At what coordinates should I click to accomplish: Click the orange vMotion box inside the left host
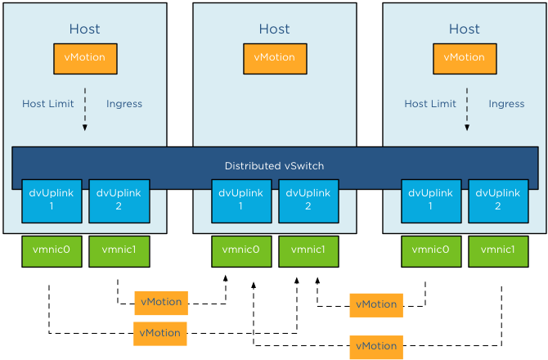coord(85,58)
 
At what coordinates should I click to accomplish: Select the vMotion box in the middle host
coord(275,58)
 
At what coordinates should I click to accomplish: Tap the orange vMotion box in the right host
coord(465,58)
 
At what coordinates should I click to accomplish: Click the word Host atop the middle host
coord(275,29)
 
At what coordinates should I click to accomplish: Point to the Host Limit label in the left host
coord(47,104)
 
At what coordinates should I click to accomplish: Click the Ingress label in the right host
coord(506,104)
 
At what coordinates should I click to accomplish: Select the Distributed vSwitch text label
coord(275,166)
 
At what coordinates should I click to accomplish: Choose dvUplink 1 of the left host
coord(52,200)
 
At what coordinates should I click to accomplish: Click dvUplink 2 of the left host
coord(119,200)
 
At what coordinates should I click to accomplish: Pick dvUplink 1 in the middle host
coord(241,200)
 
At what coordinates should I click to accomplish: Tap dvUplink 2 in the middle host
coord(308,200)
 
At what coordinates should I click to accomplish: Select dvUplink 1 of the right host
coord(431,200)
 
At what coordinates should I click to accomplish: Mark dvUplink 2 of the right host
coord(498,200)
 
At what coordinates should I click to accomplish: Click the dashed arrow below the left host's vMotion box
coord(85,108)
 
